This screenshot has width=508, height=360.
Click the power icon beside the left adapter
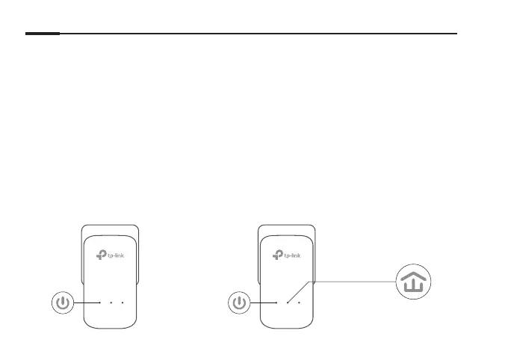click(x=63, y=303)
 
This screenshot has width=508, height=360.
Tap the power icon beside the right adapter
click(x=239, y=303)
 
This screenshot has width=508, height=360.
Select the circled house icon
click(x=413, y=284)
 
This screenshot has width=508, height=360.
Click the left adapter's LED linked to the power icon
click(x=100, y=303)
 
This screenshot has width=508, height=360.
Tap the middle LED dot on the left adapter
click(x=111, y=303)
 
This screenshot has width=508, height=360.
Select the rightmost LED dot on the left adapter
click(x=121, y=303)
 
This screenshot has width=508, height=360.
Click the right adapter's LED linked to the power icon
click(x=277, y=303)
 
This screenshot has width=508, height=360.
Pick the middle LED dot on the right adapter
click(x=288, y=303)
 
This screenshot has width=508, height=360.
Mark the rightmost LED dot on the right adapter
click(x=298, y=303)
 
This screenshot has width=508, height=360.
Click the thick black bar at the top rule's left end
click(x=42, y=34)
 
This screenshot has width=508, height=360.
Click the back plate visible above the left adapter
click(x=111, y=229)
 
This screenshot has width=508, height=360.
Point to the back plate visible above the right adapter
click(x=287, y=229)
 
